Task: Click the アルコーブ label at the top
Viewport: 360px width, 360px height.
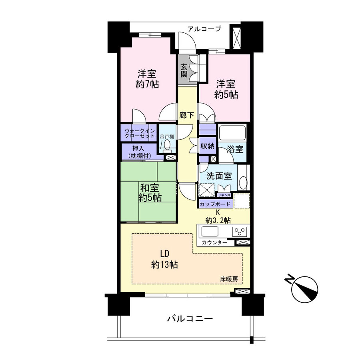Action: (x=204, y=29)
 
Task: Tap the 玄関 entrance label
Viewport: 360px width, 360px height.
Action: (x=184, y=70)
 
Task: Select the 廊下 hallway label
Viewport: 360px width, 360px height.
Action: (x=187, y=115)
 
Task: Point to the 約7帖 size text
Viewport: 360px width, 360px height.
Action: (x=147, y=84)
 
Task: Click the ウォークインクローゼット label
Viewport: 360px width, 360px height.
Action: (x=140, y=133)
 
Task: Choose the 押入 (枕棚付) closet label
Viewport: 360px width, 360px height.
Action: (x=140, y=152)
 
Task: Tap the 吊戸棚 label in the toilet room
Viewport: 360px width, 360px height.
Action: (x=167, y=137)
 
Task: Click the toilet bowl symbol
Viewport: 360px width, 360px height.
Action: (x=167, y=145)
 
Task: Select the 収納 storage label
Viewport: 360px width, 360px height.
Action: (x=208, y=146)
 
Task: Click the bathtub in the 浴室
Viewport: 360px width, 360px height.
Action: (x=232, y=133)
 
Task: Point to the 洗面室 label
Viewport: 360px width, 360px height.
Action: (x=219, y=176)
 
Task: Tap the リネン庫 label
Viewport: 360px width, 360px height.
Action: (x=224, y=195)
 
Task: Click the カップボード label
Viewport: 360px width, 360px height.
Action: (x=215, y=204)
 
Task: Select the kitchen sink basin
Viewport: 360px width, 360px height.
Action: (x=210, y=231)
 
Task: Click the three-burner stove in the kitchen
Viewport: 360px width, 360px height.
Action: (x=240, y=232)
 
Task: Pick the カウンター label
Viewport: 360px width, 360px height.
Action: (x=214, y=242)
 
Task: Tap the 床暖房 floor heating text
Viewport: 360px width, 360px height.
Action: (x=229, y=279)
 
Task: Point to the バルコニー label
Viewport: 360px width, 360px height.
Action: (x=190, y=318)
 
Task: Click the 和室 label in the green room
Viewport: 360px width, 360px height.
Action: (x=150, y=188)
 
